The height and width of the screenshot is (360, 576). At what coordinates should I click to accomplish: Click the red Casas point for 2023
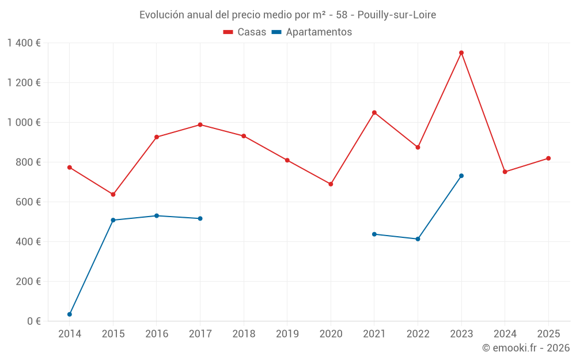click(461, 53)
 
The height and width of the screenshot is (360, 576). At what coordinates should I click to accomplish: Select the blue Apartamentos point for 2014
click(70, 314)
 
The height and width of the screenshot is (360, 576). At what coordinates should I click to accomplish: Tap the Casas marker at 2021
click(374, 113)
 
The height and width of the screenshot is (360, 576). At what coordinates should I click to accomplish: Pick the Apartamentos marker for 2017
click(200, 219)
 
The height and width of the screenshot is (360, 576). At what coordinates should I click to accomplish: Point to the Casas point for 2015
click(113, 195)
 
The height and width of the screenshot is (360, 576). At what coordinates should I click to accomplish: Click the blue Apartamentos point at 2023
click(461, 176)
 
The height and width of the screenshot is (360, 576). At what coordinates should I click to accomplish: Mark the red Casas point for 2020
click(331, 184)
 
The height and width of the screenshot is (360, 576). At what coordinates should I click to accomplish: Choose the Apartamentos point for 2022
click(418, 239)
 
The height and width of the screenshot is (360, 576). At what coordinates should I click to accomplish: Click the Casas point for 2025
click(548, 158)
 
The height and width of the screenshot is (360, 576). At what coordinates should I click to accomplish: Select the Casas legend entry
click(245, 32)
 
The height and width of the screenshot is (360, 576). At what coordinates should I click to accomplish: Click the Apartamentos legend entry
click(312, 32)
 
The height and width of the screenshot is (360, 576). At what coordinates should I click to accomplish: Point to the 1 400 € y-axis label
click(24, 43)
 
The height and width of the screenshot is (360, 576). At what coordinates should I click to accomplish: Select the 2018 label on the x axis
click(244, 334)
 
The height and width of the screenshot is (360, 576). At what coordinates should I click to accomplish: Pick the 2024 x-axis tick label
click(505, 334)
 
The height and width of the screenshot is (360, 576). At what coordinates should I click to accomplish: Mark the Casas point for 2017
click(200, 125)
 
